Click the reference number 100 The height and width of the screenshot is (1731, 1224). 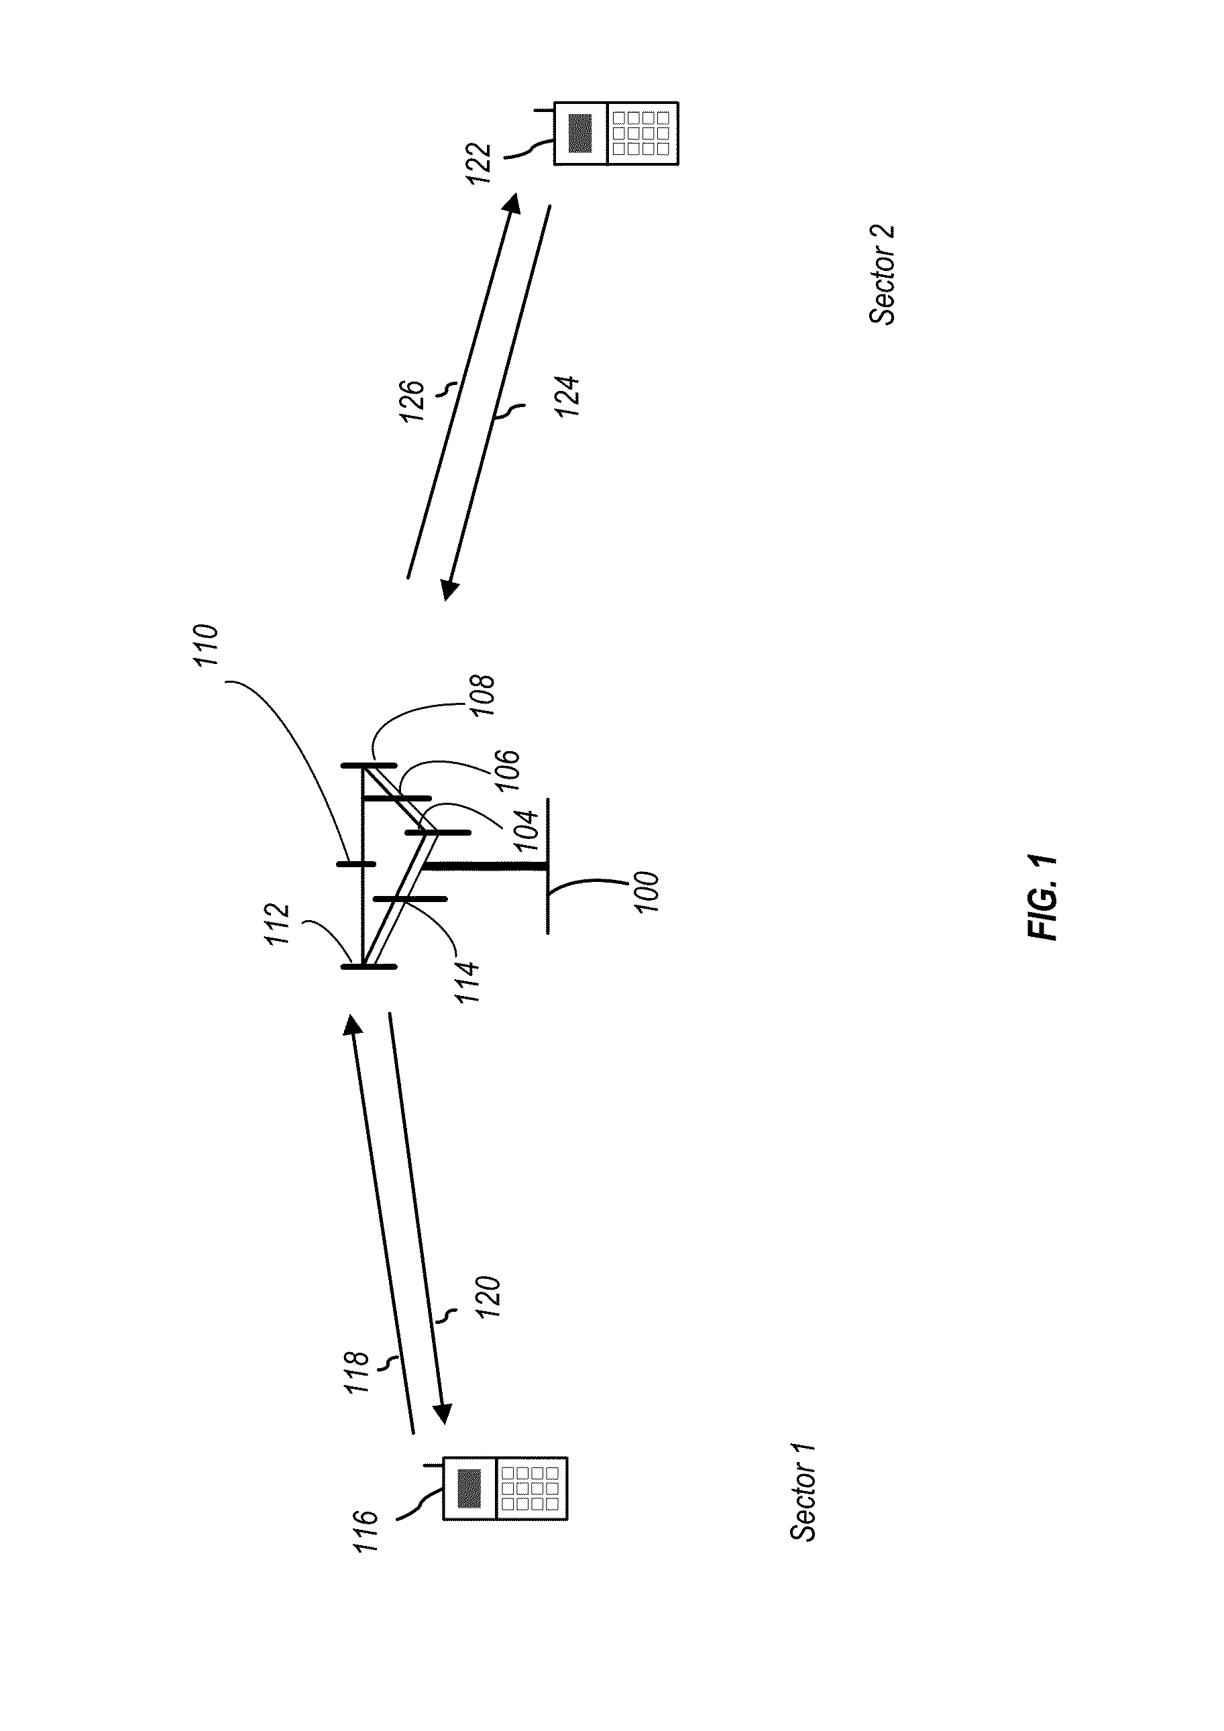[647, 892]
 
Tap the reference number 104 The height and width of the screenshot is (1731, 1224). [526, 831]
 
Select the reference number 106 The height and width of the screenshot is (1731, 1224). [507, 770]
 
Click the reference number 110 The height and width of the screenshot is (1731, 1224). [205, 645]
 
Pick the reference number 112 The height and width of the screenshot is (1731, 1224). [277, 924]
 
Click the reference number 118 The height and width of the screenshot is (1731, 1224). [356, 1372]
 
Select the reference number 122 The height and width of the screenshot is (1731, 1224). [478, 163]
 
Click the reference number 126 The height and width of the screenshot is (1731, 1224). [412, 401]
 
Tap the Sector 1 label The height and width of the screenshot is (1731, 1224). [802, 1492]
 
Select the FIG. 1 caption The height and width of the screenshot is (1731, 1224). [1043, 897]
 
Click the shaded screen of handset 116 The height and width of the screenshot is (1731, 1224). [469, 1488]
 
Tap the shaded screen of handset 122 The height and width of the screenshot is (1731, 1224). [581, 133]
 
